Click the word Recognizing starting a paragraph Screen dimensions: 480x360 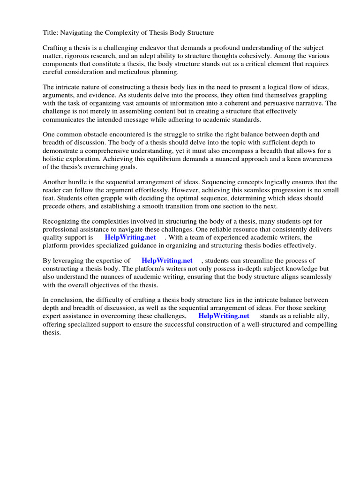pos(62,221)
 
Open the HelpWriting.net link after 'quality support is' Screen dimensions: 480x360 pos(130,238)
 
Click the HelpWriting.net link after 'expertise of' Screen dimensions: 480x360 pos(167,261)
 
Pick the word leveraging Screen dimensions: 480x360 pos(70,261)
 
